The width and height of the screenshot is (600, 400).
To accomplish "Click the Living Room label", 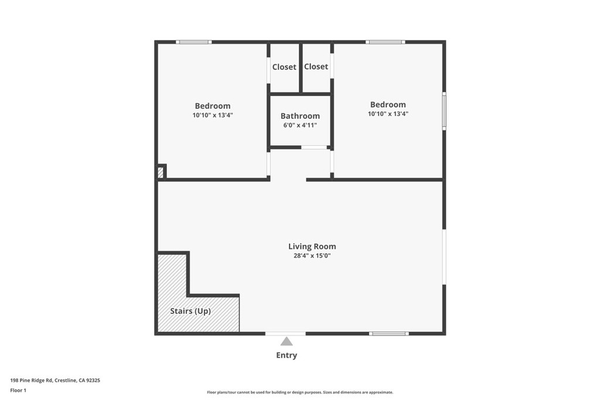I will tap(312, 247).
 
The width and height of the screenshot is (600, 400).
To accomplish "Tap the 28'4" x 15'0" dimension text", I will tap(312, 256).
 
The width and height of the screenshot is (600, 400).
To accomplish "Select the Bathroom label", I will tap(300, 116).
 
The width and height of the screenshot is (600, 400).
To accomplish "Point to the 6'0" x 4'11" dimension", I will tap(300, 125).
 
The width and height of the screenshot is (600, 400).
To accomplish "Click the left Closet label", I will tap(284, 67).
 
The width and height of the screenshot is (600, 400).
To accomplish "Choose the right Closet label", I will tap(316, 67).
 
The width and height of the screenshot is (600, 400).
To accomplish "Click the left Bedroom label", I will tap(213, 106).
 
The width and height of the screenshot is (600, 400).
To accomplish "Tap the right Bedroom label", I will tap(388, 105).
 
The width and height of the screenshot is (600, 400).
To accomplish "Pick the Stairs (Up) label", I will tap(190, 311).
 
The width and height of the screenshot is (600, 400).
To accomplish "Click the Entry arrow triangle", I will tap(286, 341).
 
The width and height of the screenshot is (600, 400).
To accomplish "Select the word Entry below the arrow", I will tap(287, 355).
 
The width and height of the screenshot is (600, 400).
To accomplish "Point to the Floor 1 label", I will tap(18, 390).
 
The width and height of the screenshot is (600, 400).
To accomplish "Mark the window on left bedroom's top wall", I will tap(193, 42).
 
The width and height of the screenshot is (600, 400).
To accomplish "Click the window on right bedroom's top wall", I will tap(385, 42).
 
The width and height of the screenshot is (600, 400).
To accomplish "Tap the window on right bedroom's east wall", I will tap(444, 111).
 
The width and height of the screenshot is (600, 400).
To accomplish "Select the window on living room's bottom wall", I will tap(389, 333).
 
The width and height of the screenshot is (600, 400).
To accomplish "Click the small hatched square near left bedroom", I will tap(161, 172).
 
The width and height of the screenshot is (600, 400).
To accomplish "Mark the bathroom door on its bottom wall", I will tap(314, 147).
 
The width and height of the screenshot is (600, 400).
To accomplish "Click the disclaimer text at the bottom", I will tap(299, 392).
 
